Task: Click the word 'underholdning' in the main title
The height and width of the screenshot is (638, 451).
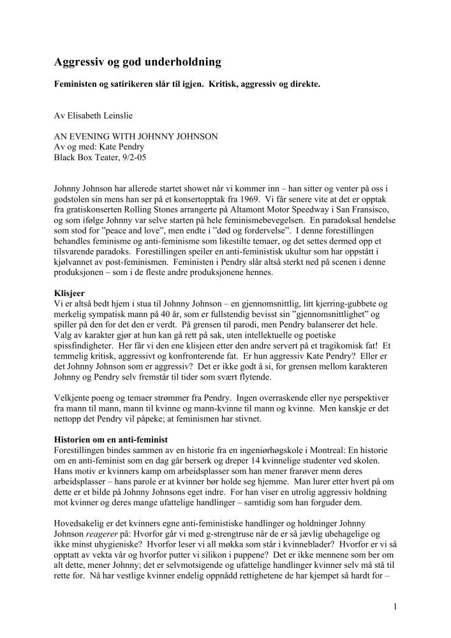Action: pyautogui.click(x=182, y=62)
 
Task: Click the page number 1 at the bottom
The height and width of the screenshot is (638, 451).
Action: pyautogui.click(x=396, y=607)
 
